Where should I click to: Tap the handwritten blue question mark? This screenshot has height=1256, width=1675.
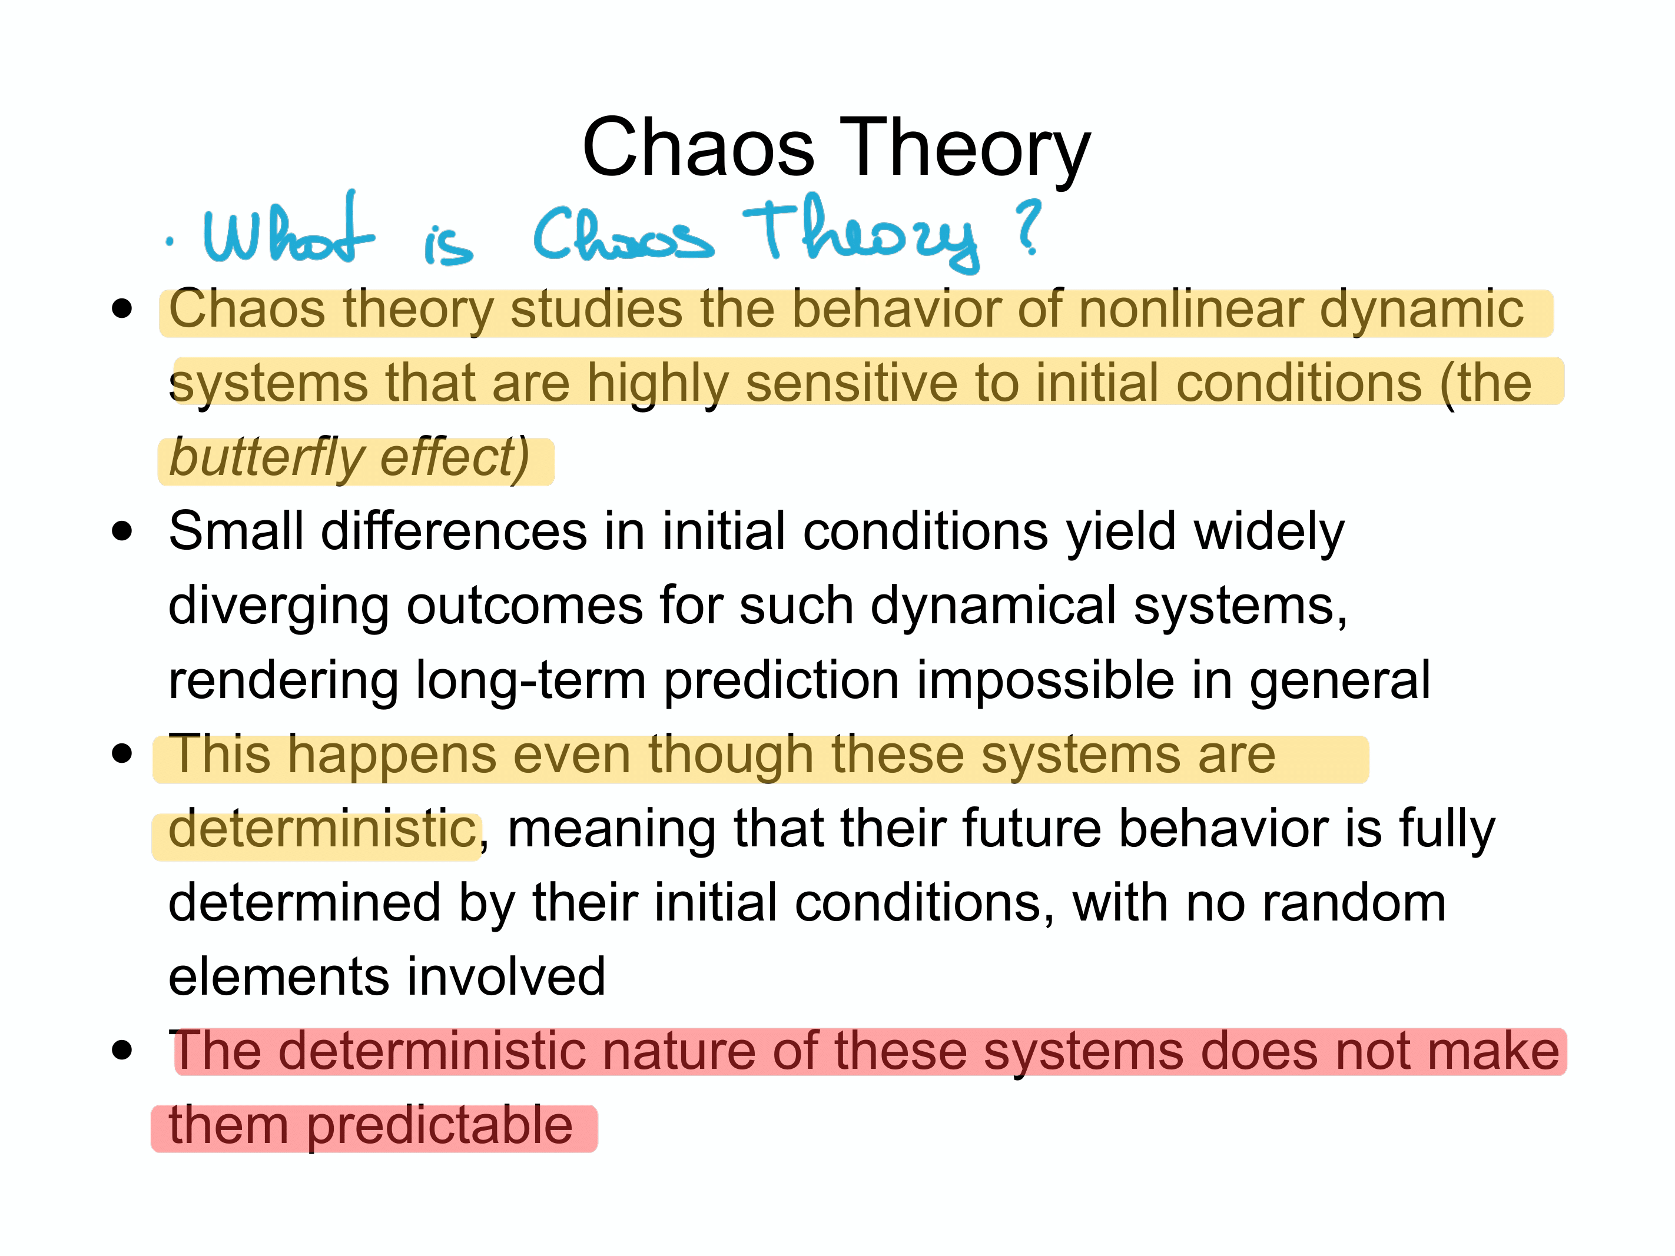(1029, 227)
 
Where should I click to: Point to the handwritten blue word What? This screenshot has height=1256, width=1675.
(288, 227)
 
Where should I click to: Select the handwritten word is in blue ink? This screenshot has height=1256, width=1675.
(448, 244)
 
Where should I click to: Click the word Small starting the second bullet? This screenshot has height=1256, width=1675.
(236, 531)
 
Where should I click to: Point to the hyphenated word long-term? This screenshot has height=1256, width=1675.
(531, 680)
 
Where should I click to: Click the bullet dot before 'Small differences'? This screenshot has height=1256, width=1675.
(122, 531)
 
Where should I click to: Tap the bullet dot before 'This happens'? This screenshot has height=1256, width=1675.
(122, 753)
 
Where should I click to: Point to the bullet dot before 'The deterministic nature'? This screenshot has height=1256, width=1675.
(122, 1050)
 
